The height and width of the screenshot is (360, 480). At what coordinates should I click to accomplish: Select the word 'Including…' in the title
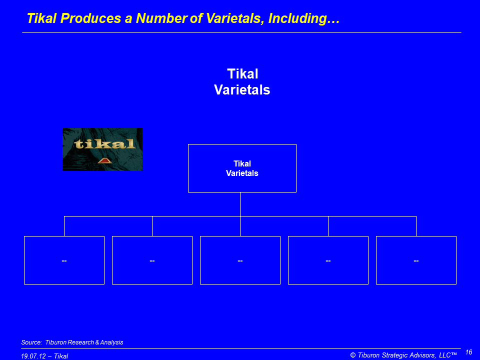pos(304,18)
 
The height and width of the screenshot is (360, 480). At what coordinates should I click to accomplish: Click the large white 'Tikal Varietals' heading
pos(242,81)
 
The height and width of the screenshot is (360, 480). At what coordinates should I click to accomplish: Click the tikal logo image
pos(102,149)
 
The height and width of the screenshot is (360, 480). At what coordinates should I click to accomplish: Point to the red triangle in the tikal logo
pos(104,160)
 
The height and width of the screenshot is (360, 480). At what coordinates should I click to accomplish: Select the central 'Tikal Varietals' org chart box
pos(242,168)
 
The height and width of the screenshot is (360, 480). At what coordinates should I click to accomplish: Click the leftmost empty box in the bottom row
pos(64,260)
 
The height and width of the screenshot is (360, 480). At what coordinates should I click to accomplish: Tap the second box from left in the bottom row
pos(152,260)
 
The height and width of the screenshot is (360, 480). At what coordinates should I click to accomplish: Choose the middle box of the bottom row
pos(240,260)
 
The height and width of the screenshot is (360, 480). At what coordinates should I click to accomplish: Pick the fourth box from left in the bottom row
pos(328,260)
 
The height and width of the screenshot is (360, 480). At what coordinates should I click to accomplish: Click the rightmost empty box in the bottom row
pos(416,260)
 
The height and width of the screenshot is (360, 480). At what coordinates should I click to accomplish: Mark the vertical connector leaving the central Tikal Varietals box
pos(240,204)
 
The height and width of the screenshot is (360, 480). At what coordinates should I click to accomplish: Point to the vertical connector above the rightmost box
pos(416,226)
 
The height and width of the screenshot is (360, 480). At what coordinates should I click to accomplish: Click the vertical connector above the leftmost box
pos(64,226)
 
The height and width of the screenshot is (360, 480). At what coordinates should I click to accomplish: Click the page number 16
pos(468,352)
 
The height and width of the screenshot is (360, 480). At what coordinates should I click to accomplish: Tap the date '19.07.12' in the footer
pos(33,356)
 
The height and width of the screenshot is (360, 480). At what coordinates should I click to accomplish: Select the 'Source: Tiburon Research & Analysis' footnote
pos(72,342)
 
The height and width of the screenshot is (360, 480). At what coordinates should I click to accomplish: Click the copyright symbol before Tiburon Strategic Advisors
pos(353,355)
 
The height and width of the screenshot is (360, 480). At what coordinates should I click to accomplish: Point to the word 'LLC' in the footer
pos(445,355)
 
